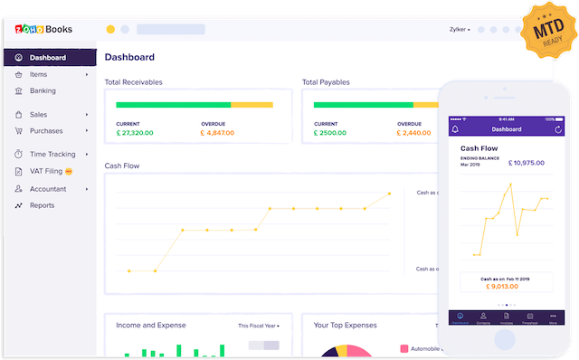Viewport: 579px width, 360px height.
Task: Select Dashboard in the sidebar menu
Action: tap(47, 58)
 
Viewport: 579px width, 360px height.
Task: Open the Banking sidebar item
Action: tap(43, 90)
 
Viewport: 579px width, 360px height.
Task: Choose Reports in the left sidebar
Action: tap(43, 205)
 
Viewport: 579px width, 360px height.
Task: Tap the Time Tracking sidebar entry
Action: tap(52, 155)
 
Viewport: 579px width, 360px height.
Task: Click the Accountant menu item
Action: tap(48, 189)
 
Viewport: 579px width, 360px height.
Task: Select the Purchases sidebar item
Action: tap(46, 131)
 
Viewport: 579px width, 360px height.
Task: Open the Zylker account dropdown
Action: tap(460, 29)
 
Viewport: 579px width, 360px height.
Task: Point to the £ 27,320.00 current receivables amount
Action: tap(135, 133)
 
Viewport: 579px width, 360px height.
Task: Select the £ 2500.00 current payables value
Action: tap(331, 133)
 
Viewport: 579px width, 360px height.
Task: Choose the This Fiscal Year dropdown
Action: tap(259, 326)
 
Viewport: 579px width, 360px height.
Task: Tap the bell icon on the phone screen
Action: tap(455, 129)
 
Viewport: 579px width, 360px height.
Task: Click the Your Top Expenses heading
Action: tap(345, 325)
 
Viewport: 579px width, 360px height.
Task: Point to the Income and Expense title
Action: tap(151, 325)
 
